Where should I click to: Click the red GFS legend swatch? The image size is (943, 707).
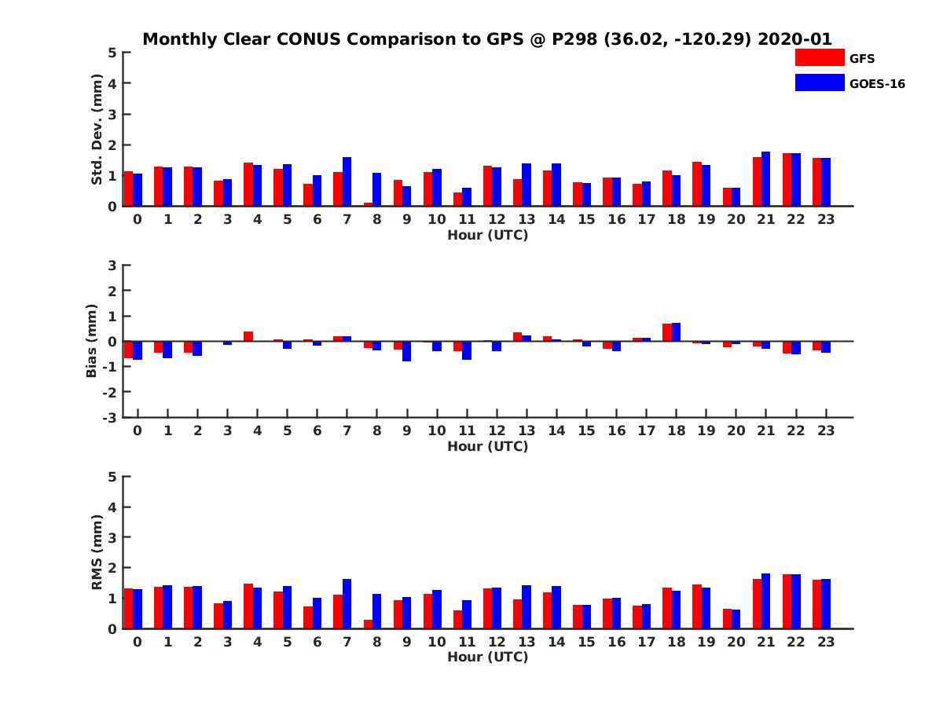[x=819, y=57]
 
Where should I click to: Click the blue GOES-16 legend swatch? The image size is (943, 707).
[x=819, y=82]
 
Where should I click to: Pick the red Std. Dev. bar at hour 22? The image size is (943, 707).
[x=787, y=180]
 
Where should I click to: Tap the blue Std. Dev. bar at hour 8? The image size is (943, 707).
[x=376, y=189]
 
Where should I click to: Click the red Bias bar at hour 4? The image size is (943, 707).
[x=248, y=336]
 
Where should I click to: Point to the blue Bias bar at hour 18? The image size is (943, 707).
[x=676, y=332]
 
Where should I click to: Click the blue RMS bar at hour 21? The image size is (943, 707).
[x=765, y=601]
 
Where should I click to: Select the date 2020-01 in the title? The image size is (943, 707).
[x=794, y=39]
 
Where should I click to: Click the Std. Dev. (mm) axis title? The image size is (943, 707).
[x=97, y=130]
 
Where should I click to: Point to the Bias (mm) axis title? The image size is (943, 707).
[x=91, y=341]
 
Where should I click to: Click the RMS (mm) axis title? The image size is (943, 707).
[x=97, y=552]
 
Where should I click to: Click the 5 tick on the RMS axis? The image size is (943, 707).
[x=113, y=476]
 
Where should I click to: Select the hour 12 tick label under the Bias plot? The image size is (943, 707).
[x=497, y=430]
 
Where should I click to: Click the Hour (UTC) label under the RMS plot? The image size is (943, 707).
[x=487, y=657]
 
